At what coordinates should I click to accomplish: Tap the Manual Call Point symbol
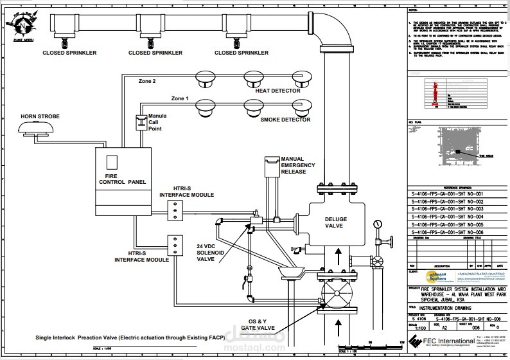140,122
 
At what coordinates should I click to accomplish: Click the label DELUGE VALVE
335,222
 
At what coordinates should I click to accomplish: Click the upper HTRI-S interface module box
174,208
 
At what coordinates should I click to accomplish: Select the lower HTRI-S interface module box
174,245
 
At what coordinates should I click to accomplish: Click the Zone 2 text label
147,82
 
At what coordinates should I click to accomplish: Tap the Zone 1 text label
180,99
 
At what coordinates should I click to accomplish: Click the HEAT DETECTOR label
277,91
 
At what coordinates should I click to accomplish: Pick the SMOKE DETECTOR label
285,120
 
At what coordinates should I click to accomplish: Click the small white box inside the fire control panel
111,161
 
